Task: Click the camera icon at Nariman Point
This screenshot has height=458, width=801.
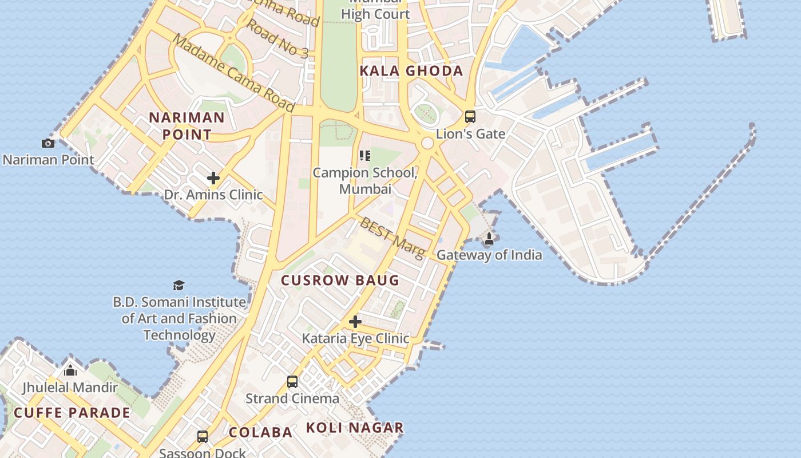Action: (x=48, y=143)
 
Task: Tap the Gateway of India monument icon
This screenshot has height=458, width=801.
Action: (x=489, y=238)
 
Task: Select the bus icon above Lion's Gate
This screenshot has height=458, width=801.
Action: (x=470, y=117)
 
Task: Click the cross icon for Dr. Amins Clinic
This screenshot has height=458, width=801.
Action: (x=213, y=178)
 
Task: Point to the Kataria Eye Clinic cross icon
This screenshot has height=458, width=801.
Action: (x=355, y=322)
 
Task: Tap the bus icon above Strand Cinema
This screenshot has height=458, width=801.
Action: (x=292, y=381)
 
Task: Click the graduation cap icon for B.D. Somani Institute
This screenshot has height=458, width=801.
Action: (x=179, y=285)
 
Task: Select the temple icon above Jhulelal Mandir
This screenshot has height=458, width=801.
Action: (x=70, y=370)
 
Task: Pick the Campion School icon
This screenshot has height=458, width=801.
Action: (x=364, y=156)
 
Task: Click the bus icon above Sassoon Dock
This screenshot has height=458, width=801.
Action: (x=202, y=436)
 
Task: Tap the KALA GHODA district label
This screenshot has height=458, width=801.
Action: (x=411, y=71)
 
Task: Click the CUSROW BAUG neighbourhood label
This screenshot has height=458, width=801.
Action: (x=340, y=281)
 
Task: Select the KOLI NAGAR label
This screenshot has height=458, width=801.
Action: (x=355, y=428)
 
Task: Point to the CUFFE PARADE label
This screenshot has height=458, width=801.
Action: (x=72, y=413)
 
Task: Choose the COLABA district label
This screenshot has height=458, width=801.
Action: (x=261, y=432)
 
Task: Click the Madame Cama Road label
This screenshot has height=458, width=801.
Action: (x=233, y=73)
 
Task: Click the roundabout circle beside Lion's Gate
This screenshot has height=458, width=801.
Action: (x=427, y=143)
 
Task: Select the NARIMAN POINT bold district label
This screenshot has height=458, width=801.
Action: (x=187, y=126)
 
